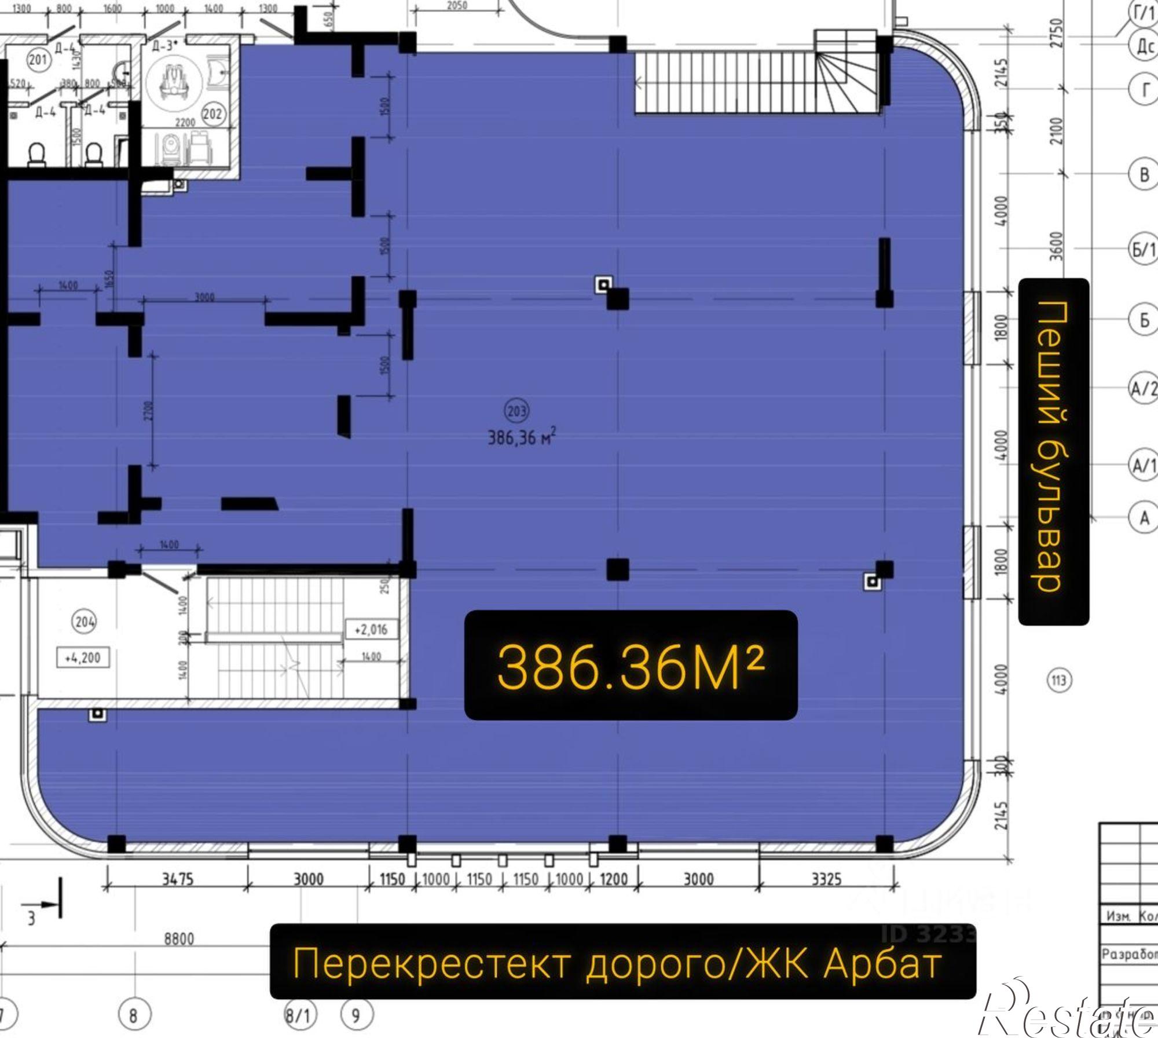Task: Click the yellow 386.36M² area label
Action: pos(631,666)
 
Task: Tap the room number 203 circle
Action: pos(516,411)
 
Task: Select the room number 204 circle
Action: pos(85,622)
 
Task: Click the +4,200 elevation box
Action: pos(83,658)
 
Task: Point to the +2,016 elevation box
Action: pos(371,630)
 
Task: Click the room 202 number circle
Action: pos(212,114)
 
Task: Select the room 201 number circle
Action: pos(38,59)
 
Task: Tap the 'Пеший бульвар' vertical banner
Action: pos(1053,451)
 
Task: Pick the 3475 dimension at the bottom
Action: pos(177,879)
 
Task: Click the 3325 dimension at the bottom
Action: pos(826,879)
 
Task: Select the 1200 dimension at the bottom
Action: pos(613,879)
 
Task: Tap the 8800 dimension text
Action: pos(179,938)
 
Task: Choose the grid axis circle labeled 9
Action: pos(356,1015)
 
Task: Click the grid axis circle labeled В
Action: pos(1144,174)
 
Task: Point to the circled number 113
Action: pos(1059,680)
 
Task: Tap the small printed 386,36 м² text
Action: pos(522,437)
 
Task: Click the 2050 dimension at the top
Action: pos(457,5)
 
